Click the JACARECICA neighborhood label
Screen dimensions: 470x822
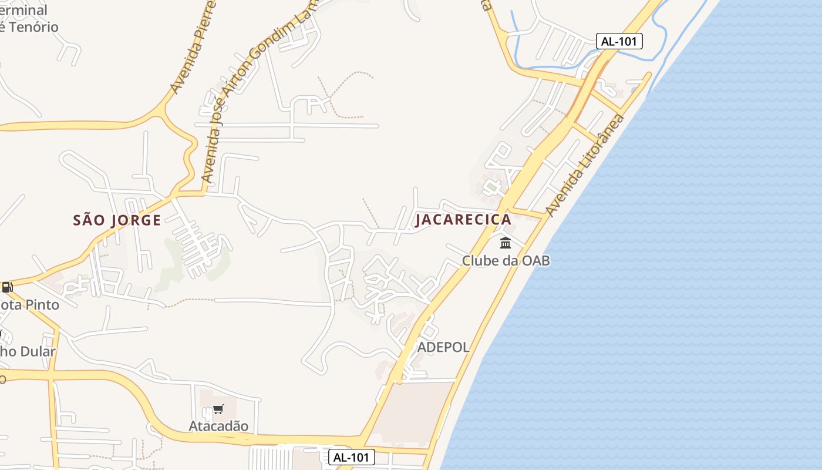click(x=463, y=220)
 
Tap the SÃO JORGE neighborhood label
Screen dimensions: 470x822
click(x=117, y=220)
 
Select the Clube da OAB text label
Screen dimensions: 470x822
click(x=506, y=260)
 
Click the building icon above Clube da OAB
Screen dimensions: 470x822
click(x=506, y=243)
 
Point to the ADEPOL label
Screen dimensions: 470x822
click(x=443, y=347)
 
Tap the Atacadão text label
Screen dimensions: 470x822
click(x=218, y=426)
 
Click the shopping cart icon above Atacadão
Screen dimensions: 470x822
click(x=218, y=409)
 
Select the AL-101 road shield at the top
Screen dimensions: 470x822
click(x=619, y=41)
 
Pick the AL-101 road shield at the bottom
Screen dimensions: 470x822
click(x=351, y=457)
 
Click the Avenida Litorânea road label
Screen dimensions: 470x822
click(x=585, y=164)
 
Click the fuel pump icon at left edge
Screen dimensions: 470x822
click(x=7, y=287)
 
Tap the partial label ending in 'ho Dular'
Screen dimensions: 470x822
click(x=28, y=352)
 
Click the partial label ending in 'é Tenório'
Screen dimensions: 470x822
click(x=29, y=27)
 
